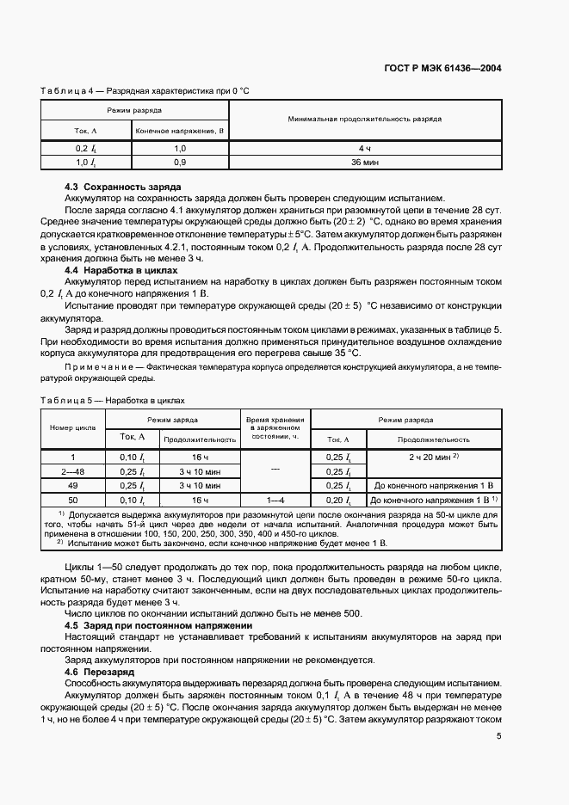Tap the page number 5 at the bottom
(x=498, y=735)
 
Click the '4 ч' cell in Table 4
(x=365, y=149)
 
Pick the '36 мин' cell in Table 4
(x=365, y=162)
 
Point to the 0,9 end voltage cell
(x=180, y=162)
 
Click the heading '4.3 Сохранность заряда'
(x=123, y=187)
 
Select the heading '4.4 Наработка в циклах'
(x=122, y=269)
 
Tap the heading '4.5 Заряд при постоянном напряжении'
(x=158, y=625)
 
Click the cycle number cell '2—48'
(x=73, y=471)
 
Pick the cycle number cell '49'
(x=73, y=485)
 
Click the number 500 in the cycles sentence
(x=351, y=613)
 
